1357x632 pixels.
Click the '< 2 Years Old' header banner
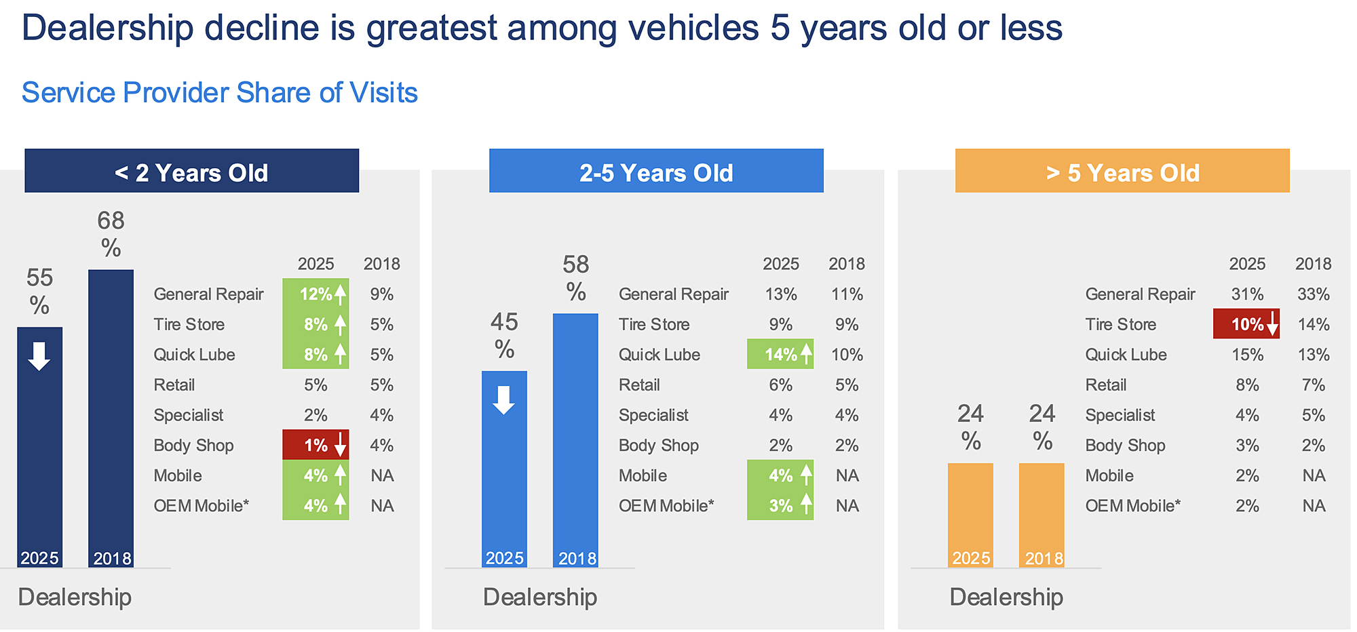point(191,172)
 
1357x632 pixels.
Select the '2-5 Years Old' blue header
point(656,172)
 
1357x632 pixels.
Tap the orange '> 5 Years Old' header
point(1122,172)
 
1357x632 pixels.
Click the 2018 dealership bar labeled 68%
point(111,417)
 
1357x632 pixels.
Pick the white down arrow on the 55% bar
point(39,356)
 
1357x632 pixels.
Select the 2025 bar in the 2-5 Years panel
point(504,468)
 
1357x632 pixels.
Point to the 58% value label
point(576,278)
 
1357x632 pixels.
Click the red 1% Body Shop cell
point(316,446)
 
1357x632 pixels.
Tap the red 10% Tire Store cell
point(1246,324)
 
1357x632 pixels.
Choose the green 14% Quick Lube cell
point(780,355)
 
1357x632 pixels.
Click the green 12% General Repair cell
point(316,294)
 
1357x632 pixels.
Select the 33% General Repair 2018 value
point(1314,294)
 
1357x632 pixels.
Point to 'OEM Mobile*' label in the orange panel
point(1132,506)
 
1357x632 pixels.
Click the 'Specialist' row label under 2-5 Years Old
point(653,415)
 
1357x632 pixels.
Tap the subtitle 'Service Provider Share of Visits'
point(220,93)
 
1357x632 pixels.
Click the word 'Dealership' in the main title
point(108,28)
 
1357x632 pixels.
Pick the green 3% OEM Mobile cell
point(780,506)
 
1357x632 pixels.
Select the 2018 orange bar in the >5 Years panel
point(1041,515)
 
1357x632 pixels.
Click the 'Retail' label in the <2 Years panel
point(174,385)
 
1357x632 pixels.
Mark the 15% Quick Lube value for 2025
point(1247,355)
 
